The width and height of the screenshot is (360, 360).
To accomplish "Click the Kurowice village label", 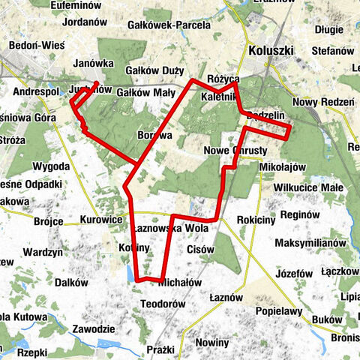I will (x=101, y=220).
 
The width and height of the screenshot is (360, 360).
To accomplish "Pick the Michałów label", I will (x=181, y=283).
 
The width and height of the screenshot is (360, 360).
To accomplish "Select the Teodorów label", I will (x=163, y=304).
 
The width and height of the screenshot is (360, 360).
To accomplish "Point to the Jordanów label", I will (x=86, y=22).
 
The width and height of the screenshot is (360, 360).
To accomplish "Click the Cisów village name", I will (x=201, y=249).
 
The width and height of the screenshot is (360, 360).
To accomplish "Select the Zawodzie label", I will (x=94, y=329).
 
